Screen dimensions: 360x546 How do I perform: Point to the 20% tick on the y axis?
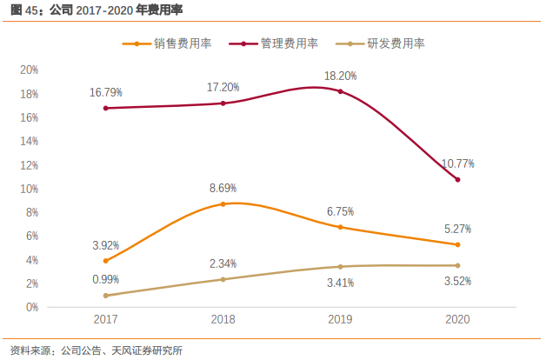click(29, 70)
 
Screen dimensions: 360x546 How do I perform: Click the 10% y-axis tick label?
click(29, 189)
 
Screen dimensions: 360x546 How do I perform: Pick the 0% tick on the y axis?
click(31, 307)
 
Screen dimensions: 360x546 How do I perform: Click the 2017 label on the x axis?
click(106, 320)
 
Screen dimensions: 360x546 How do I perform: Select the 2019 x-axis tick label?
click(340, 320)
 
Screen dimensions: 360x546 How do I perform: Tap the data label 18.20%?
click(340, 76)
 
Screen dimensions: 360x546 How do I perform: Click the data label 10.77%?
click(457, 163)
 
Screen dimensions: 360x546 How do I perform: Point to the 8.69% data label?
click(223, 188)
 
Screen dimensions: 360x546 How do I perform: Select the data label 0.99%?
click(106, 279)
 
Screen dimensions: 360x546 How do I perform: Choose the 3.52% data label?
click(457, 281)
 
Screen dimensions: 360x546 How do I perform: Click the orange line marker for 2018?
click(223, 203)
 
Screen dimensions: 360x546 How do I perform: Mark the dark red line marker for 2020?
click(457, 179)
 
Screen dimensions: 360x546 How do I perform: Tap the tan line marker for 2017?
click(106, 296)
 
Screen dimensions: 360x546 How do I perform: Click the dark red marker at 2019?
click(340, 91)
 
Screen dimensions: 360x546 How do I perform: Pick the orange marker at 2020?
click(457, 244)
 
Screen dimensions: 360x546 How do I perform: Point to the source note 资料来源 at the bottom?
click(97, 350)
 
